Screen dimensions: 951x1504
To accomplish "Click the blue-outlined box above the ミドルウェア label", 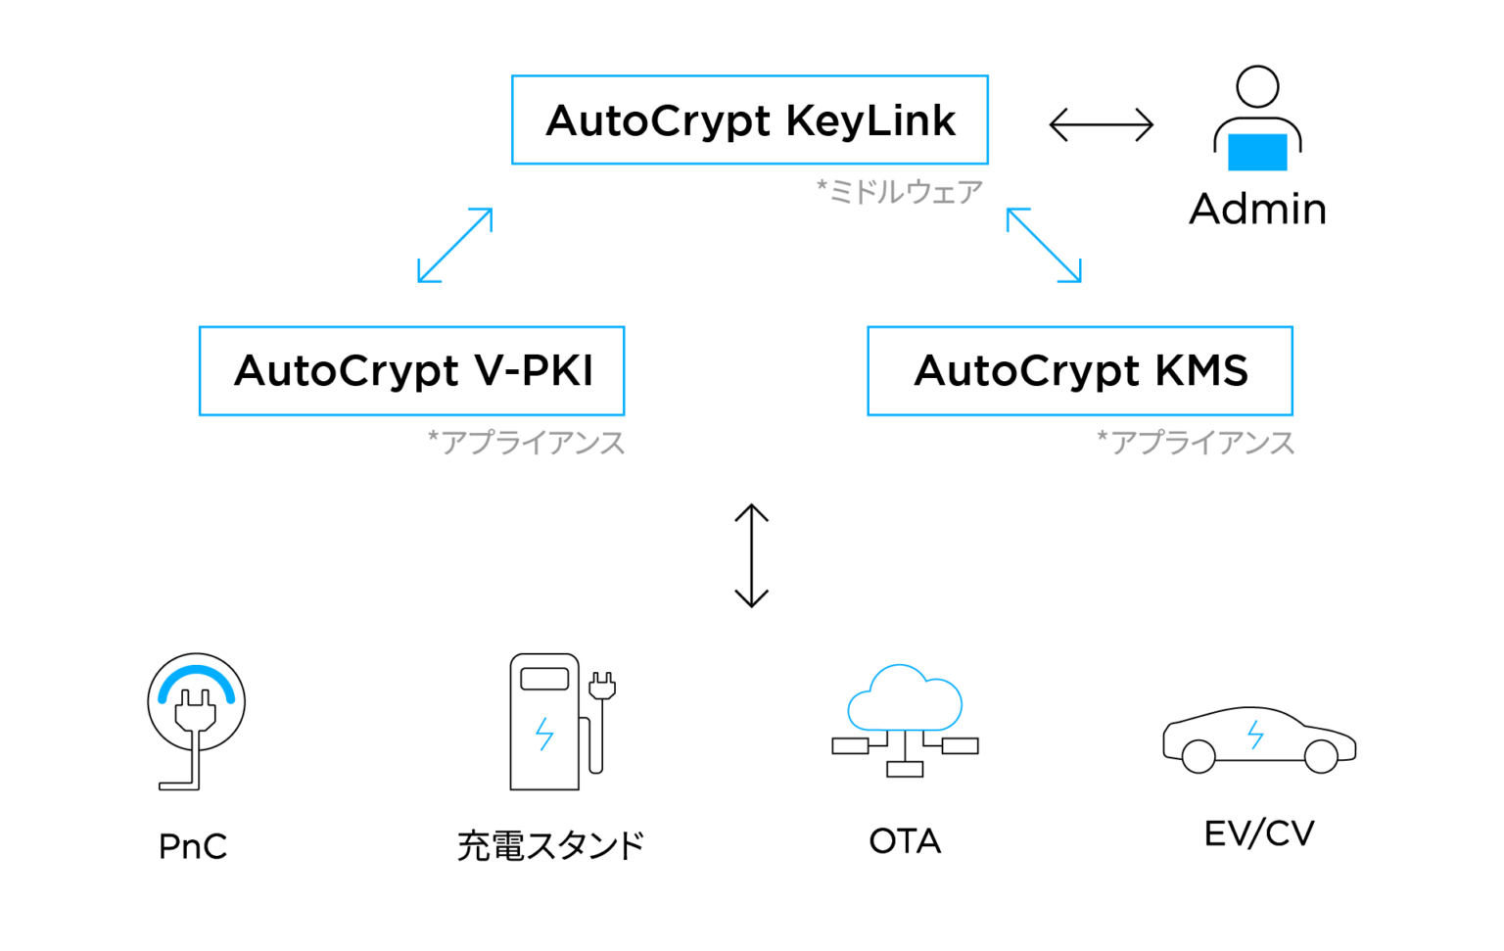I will point(750,119).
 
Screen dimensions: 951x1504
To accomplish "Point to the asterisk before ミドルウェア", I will point(822,187).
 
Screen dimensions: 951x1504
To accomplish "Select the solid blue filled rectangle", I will point(1257,153).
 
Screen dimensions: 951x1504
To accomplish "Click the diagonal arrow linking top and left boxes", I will point(454,245).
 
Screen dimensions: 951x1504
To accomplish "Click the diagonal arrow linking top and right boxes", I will point(1044,245).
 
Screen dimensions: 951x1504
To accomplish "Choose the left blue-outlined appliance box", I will point(411,371).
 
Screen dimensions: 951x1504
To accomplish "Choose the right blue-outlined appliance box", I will point(1080,371).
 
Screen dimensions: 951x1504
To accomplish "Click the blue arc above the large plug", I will point(197,675).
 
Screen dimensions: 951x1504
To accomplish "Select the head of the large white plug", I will point(196,711).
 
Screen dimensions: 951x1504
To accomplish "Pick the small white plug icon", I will point(602,687).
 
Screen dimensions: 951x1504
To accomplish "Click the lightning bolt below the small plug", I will point(544,734).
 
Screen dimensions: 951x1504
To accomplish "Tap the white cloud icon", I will point(905,699).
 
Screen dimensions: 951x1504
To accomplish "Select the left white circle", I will point(1198,757).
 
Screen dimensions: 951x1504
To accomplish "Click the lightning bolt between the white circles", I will point(1255,735).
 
